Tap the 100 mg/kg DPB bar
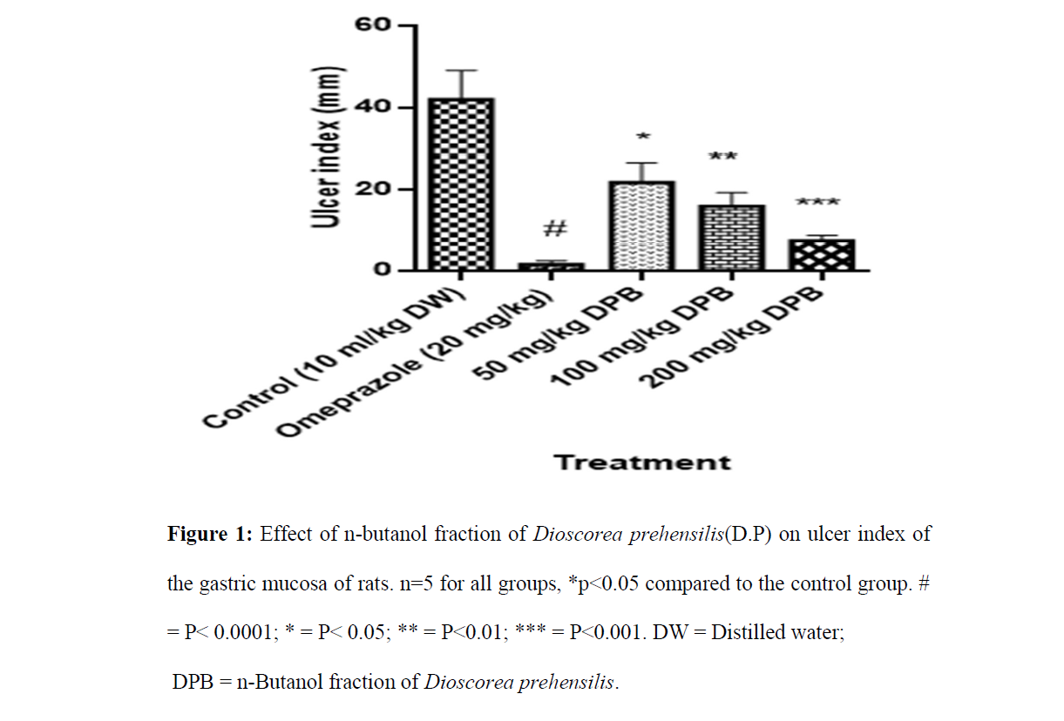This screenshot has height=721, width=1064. [730, 238]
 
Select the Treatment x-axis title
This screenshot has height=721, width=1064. [642, 462]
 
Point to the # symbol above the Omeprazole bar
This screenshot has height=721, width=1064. [554, 230]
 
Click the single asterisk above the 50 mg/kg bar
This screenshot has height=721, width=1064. [644, 138]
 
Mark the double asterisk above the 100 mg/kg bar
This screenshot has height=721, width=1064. [723, 158]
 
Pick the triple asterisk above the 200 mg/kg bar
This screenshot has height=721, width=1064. [817, 204]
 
